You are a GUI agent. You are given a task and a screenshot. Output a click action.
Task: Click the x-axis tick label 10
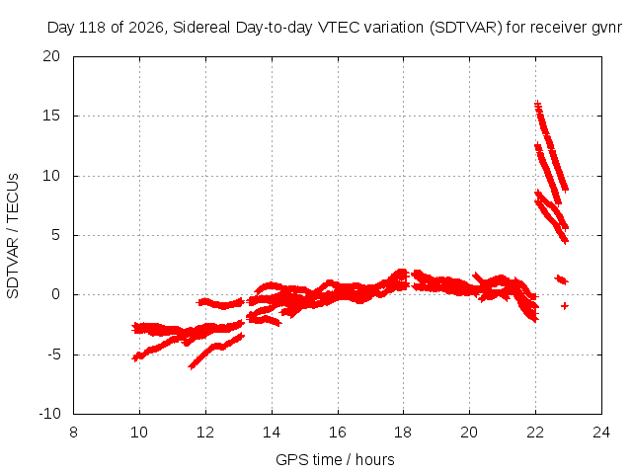139,433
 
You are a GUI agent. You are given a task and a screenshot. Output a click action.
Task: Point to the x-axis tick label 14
272,433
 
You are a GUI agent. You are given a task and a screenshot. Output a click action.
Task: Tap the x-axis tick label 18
404,433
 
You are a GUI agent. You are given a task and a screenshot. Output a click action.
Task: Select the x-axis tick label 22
535,433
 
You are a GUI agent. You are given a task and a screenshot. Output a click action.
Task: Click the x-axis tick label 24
601,433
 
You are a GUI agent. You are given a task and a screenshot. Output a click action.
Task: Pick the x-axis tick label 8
73,433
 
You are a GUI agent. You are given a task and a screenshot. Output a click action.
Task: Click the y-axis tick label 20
51,56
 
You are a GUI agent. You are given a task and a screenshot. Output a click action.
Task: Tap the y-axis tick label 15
51,116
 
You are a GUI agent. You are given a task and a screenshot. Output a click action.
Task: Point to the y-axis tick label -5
53,355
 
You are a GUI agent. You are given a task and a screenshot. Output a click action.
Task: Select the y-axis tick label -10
49,414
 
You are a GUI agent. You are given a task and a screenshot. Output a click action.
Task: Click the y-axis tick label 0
55,294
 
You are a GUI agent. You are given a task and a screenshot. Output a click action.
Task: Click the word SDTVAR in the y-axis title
13,268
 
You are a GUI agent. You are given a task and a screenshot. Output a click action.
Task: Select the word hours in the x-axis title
375,459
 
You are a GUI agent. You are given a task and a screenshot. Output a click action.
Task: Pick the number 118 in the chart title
94,28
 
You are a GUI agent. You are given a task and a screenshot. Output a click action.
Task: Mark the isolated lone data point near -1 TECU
565,306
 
